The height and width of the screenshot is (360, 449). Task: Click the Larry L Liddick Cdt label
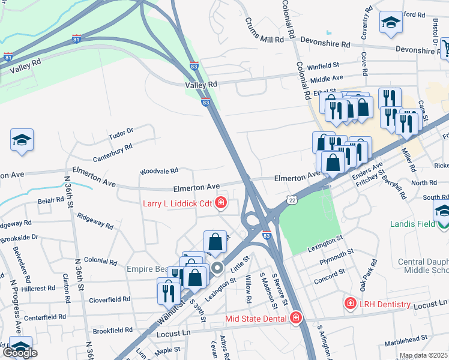(177, 203)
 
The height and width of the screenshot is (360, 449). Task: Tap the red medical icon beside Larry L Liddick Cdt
(221, 203)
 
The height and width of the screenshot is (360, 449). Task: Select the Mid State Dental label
(255, 318)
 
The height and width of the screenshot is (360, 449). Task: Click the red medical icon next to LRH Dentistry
(350, 304)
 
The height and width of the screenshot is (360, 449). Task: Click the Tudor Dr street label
(121, 133)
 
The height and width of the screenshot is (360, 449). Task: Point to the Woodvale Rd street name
(159, 172)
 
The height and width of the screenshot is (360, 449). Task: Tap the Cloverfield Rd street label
(110, 299)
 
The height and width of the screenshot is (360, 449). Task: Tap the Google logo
(20, 352)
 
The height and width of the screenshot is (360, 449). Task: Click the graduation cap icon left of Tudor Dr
(22, 140)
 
